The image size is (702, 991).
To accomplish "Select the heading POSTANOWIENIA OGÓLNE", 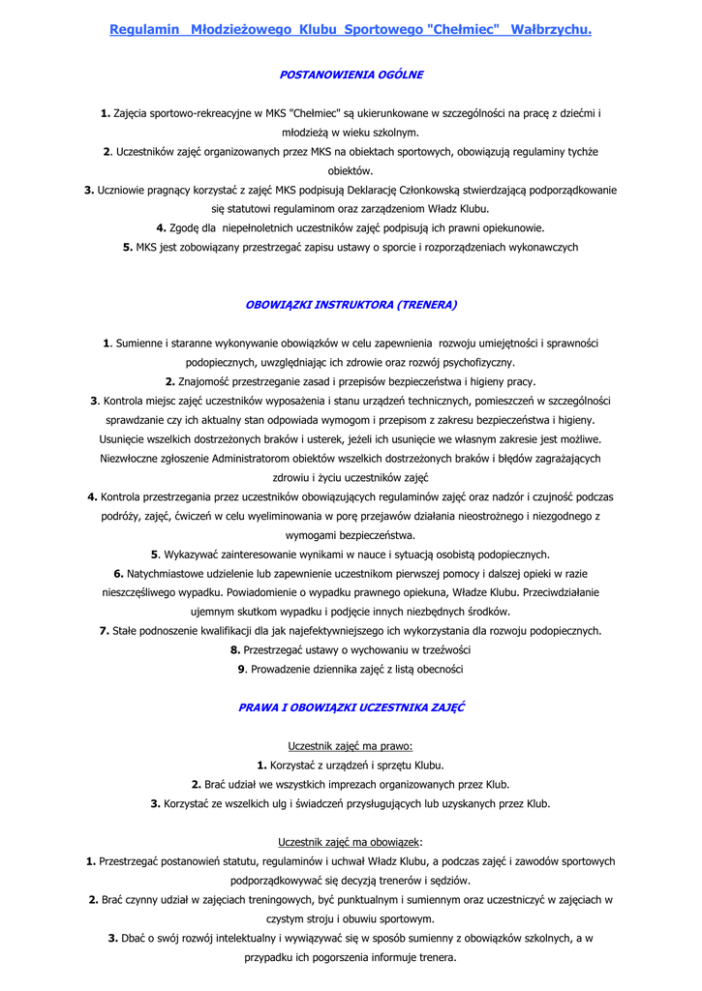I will pyautogui.click(x=351, y=75).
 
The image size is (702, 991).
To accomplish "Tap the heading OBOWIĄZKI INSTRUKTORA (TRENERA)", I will pyautogui.click(x=351, y=305).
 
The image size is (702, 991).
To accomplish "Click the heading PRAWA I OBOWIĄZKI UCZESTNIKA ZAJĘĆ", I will pyautogui.click(x=351, y=707).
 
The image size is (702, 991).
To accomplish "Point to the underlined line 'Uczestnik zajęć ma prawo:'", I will pyautogui.click(x=351, y=746).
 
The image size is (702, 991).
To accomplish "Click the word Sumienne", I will pyautogui.click(x=139, y=344).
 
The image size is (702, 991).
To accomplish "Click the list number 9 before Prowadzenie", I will pyautogui.click(x=241, y=669).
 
